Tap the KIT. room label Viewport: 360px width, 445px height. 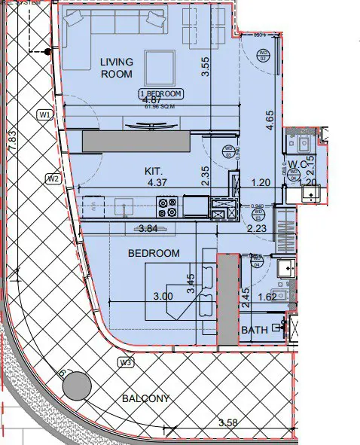click(154, 171)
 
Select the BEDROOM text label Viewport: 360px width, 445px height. click(154, 254)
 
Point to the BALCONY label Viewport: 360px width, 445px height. click(144, 398)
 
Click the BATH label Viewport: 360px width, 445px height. click(255, 330)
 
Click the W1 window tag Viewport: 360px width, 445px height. click(44, 114)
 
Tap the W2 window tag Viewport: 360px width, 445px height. click(53, 178)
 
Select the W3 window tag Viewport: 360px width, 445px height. click(125, 363)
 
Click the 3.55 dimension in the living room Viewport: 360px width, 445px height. click(204, 69)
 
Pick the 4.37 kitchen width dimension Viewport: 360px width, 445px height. click(157, 183)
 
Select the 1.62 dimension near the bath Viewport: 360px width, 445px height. click(267, 297)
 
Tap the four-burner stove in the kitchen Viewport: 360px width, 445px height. click(166, 207)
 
